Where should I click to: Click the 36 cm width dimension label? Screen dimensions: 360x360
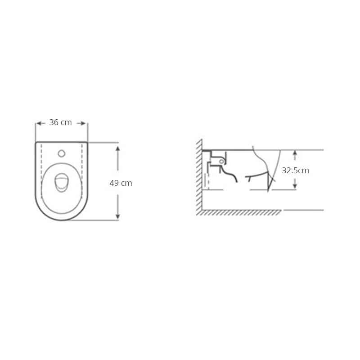click(x=60, y=122)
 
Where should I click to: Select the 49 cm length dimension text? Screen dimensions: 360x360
click(x=121, y=183)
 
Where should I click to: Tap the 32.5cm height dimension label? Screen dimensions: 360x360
click(x=295, y=171)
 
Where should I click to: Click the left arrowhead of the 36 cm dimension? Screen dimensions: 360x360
click(x=39, y=123)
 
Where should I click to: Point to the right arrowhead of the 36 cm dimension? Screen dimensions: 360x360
click(x=83, y=123)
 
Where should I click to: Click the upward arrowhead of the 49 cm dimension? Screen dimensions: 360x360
click(x=118, y=148)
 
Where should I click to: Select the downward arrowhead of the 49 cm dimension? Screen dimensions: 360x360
click(x=118, y=216)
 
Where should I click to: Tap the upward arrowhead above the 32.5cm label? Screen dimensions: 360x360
click(x=295, y=153)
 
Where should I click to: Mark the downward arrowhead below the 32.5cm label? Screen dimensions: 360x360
click(x=295, y=186)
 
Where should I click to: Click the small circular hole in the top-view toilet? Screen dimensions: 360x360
click(x=62, y=153)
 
